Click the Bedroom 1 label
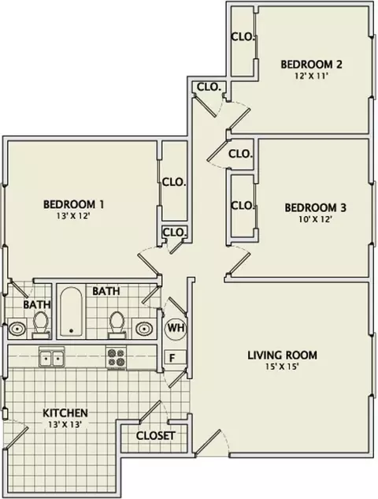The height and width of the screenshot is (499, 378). tap(73, 204)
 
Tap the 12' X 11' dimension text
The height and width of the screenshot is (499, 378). tap(311, 76)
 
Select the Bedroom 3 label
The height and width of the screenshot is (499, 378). tap(315, 207)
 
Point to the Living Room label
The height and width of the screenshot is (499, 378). tap(282, 355)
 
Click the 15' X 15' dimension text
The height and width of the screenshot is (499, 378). tap(282, 367)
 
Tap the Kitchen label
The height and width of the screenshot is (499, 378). tap(65, 413)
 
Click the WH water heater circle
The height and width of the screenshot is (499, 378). tap(175, 328)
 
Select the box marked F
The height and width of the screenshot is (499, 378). tap(175, 357)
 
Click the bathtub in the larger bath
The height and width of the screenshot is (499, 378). tap(71, 312)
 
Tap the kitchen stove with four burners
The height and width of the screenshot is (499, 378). tap(117, 358)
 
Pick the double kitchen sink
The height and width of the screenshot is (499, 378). tap(51, 358)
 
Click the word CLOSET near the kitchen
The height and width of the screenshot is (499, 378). tap(155, 436)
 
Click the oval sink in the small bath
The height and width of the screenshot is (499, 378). tap(17, 329)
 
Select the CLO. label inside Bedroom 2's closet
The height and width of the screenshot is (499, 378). tap(243, 37)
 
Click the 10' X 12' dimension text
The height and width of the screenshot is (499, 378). tap(315, 220)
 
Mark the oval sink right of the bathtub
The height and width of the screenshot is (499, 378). tap(145, 329)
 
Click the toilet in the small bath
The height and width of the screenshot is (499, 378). tap(41, 325)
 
